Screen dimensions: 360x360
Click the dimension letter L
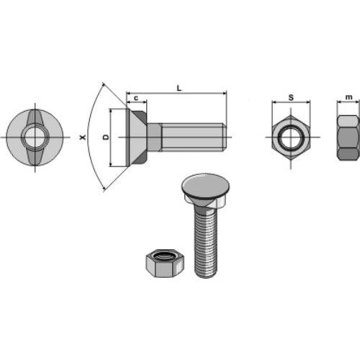pyautogui.click(x=179, y=88)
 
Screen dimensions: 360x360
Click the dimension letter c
pyautogui.click(x=136, y=98)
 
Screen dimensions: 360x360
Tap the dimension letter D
pyautogui.click(x=106, y=137)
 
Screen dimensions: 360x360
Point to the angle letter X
pyautogui.click(x=83, y=138)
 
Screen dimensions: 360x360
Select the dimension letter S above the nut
pyautogui.click(x=291, y=97)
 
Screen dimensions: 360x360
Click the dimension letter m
pyautogui.click(x=348, y=97)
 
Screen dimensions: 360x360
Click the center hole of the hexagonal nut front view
pyautogui.click(x=291, y=138)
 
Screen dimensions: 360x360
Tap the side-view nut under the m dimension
pyautogui.click(x=348, y=138)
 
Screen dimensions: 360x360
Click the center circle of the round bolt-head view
pyautogui.click(x=35, y=138)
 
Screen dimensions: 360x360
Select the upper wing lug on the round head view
pyautogui.click(x=35, y=117)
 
